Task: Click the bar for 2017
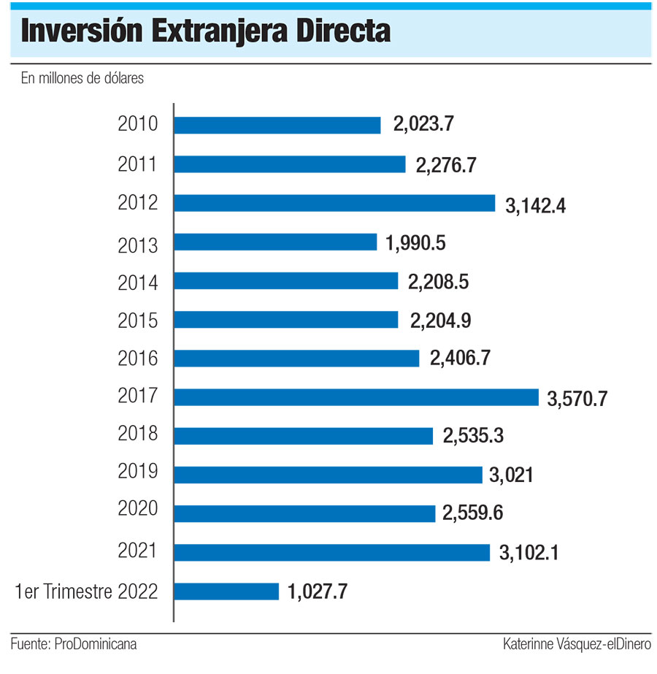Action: (357, 397)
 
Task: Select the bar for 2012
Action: (334, 203)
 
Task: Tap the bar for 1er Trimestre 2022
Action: (226, 591)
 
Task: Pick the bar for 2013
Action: (275, 242)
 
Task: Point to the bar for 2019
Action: (328, 475)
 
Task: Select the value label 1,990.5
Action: (415, 243)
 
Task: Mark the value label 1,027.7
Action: (317, 592)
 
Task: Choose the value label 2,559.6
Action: (473, 514)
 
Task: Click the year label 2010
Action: (138, 124)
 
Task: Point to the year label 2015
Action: (138, 320)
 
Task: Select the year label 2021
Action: (138, 551)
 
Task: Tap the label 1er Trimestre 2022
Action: (87, 591)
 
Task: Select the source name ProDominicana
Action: (96, 644)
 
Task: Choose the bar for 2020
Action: (305, 513)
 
